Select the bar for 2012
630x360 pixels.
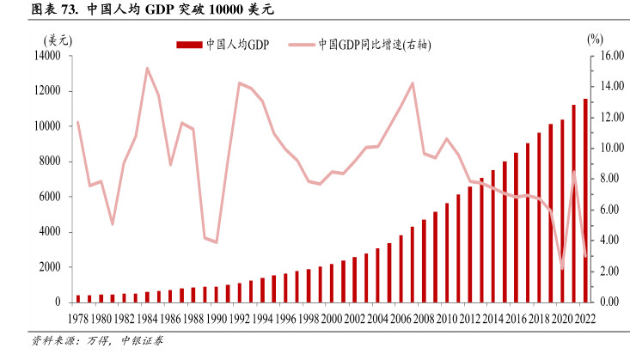pyautogui.click(x=470, y=244)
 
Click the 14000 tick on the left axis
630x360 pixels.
pyautogui.click(x=46, y=56)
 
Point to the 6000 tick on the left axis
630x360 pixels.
pyautogui.click(x=49, y=197)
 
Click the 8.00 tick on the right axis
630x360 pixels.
pyautogui.click(x=607, y=179)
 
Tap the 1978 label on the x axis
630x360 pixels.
pyautogui.click(x=78, y=319)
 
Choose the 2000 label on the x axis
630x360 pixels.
pyautogui.click(x=332, y=319)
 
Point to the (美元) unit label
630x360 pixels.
pyautogui.click(x=57, y=40)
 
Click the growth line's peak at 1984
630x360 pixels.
pyautogui.click(x=147, y=68)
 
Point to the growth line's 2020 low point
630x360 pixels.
pyautogui.click(x=563, y=269)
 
